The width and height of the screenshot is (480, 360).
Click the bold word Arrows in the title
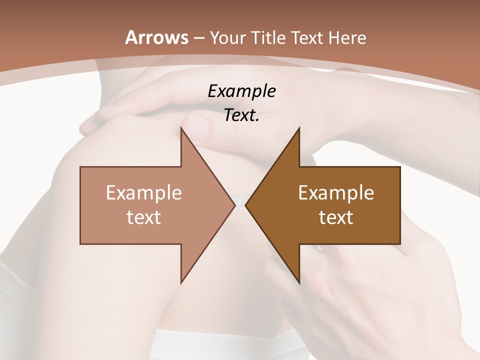pos(157,37)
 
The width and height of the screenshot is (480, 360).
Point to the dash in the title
pos(198,38)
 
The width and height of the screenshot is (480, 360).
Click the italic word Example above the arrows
pos(242,91)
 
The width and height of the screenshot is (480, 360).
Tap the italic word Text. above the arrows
pos(242,115)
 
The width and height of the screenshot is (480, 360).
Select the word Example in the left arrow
pos(144,192)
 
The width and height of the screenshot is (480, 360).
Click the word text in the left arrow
pos(144,217)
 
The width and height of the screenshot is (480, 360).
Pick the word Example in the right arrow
pos(336,192)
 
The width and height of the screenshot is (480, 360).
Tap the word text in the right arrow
pos(336,217)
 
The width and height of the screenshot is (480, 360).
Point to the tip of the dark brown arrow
pos(246,205)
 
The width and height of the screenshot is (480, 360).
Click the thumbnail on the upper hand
pos(198,126)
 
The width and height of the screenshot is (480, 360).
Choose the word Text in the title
pos(305,38)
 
